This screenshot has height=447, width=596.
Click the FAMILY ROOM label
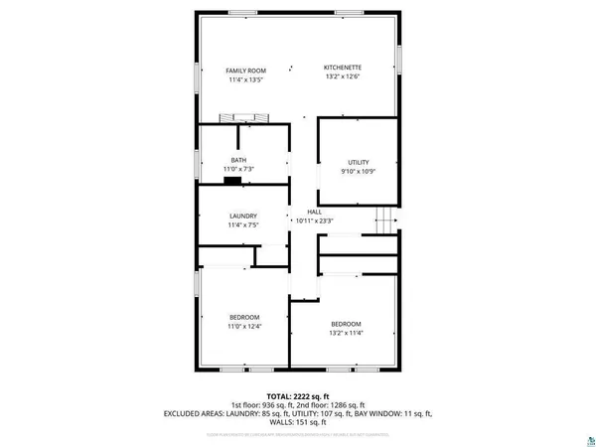[244, 71]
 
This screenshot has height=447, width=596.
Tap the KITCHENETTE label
[342, 68]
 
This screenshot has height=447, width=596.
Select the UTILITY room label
[358, 162]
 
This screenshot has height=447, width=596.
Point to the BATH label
[238, 160]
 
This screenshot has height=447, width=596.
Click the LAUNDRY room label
[243, 216]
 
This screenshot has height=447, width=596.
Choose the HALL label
[314, 212]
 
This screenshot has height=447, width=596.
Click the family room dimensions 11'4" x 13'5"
[244, 80]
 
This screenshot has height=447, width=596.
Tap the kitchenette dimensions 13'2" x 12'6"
[342, 77]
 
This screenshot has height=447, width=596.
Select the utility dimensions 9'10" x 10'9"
[358, 172]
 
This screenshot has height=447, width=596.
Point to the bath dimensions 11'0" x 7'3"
[238, 170]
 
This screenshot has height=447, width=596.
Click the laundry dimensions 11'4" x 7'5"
[243, 225]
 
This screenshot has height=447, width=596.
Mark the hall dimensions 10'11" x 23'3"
[314, 221]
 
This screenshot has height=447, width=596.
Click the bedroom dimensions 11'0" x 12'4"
[244, 327]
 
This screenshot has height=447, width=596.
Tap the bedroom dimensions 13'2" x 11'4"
[346, 334]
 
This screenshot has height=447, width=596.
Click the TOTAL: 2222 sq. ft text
[298, 395]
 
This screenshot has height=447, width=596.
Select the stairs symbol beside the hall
[383, 220]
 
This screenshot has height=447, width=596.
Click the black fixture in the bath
[231, 180]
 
